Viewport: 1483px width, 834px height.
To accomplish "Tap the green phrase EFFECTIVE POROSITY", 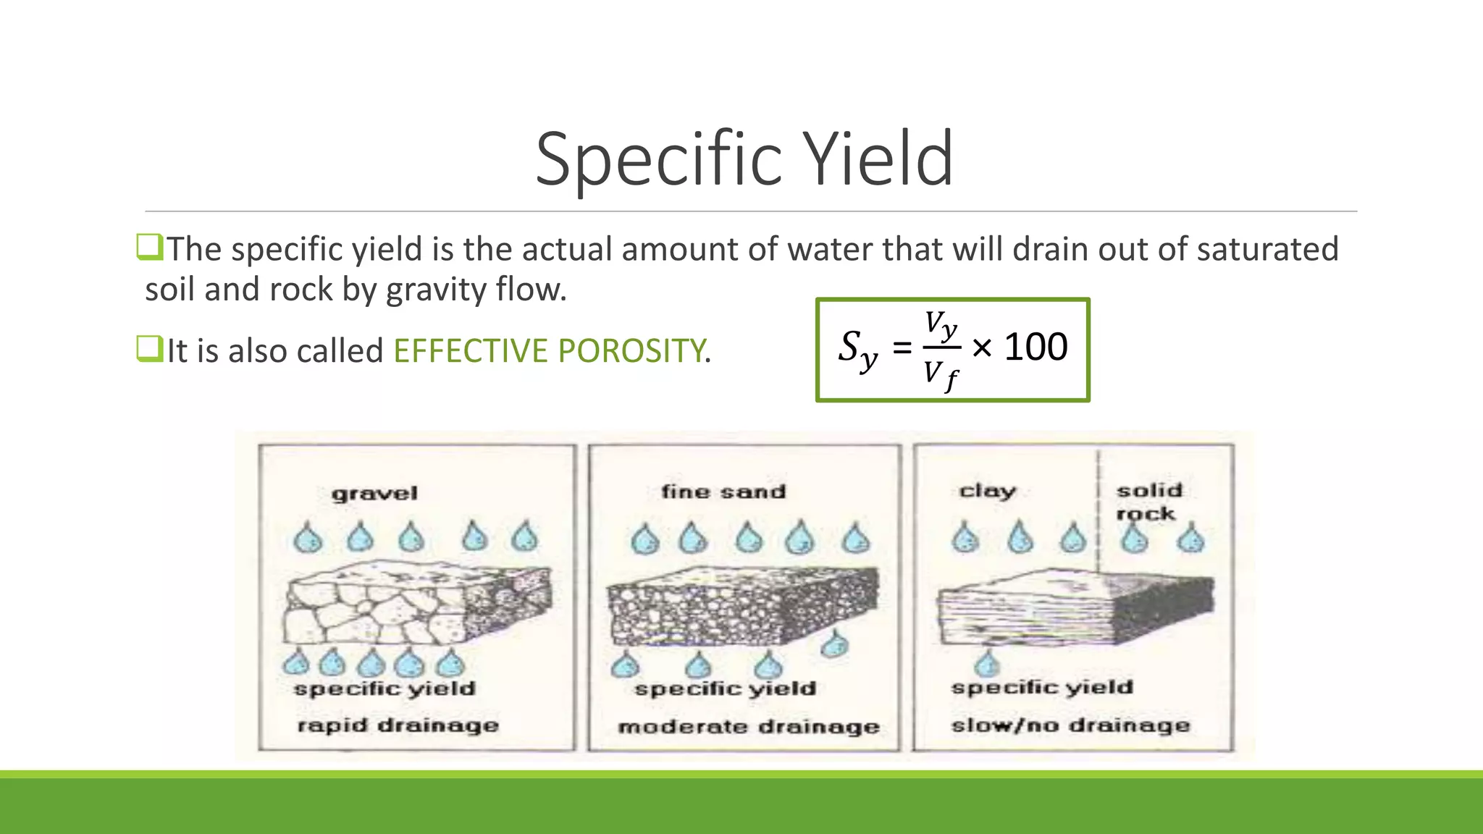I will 549,351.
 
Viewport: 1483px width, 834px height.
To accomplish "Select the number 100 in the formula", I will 1035,347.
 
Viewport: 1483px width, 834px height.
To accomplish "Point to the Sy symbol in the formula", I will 857,349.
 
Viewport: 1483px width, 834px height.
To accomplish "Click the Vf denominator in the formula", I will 941,375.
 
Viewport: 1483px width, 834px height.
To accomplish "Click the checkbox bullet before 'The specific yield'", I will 148,248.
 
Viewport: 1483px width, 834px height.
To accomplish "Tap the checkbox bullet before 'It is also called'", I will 148,349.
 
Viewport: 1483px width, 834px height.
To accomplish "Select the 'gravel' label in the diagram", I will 374,494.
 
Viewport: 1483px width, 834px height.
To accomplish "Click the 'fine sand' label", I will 723,492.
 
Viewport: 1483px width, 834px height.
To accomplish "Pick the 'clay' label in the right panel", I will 987,492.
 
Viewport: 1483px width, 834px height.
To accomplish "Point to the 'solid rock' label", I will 1148,502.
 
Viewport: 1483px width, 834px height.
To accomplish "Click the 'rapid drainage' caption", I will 398,725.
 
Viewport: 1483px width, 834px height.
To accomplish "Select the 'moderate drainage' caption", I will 748,727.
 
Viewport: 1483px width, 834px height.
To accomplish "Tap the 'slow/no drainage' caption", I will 1070,725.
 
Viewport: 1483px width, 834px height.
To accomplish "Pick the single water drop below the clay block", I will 986,662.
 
